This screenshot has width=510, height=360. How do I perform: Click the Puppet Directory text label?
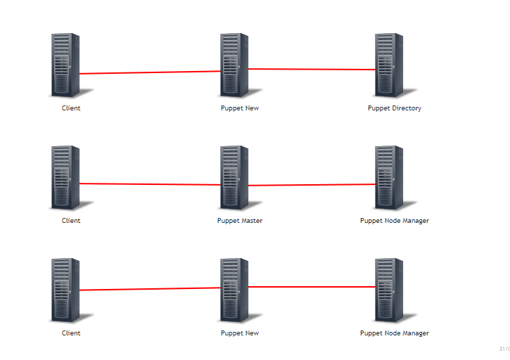tap(394, 108)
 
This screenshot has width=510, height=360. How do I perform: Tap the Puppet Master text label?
tap(240, 221)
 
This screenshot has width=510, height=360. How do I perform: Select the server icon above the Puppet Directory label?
tap(393, 65)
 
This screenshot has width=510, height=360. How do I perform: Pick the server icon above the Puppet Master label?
tap(238, 178)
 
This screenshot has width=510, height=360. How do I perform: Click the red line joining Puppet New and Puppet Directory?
tap(312, 70)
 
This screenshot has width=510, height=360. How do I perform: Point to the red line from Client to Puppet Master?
tap(150, 184)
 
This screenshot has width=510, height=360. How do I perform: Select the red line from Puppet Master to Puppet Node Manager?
tap(312, 185)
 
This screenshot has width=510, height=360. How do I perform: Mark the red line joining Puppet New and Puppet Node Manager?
tap(312, 287)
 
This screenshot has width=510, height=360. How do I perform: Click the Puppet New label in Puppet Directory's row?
tap(240, 108)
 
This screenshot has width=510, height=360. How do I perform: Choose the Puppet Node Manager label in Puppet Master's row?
tap(394, 221)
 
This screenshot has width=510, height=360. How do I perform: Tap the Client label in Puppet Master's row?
tap(71, 221)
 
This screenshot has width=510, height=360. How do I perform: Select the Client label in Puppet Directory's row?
tap(71, 108)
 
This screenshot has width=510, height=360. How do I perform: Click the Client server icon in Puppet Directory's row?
tap(69, 65)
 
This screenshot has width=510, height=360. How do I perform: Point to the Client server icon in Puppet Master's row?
tap(69, 178)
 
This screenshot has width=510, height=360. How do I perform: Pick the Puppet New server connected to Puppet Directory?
tap(238, 65)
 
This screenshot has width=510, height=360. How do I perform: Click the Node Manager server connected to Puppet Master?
tap(393, 178)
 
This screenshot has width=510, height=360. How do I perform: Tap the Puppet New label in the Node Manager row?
tap(240, 333)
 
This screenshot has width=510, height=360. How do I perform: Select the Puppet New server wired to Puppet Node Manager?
tap(238, 290)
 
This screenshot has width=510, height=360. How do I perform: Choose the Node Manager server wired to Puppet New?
tap(393, 290)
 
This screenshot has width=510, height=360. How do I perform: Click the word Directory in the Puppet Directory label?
tap(407, 108)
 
